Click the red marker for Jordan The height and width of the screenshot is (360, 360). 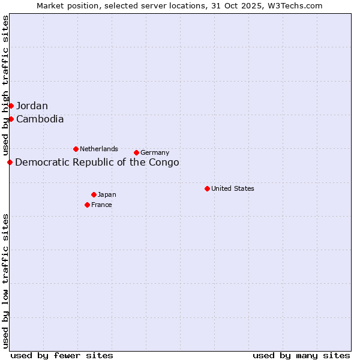tap(11, 106)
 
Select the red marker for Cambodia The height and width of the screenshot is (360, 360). tap(11, 119)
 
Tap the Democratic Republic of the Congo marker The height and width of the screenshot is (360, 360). tap(10, 162)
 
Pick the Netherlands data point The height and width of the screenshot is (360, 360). tap(76, 149)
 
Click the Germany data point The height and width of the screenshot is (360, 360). tap(136, 152)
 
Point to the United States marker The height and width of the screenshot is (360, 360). tap(207, 188)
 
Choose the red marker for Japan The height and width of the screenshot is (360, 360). tap(94, 194)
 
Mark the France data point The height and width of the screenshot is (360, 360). tap(87, 205)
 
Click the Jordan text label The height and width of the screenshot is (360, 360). tap(32, 106)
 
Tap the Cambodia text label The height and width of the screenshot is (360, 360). tap(40, 119)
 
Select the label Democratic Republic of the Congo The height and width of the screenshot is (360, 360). tap(97, 162)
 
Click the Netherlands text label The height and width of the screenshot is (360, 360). tap(99, 149)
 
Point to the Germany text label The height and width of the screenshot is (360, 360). tap(155, 152)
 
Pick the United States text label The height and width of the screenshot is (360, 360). tap(233, 188)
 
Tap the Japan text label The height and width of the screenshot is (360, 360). tap(107, 194)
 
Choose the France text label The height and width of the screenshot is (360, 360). tap(101, 205)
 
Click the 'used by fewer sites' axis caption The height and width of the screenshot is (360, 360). tap(62, 355)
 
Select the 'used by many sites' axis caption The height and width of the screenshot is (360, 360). tap(301, 355)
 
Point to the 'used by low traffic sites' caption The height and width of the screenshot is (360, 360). tap(5, 280)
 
